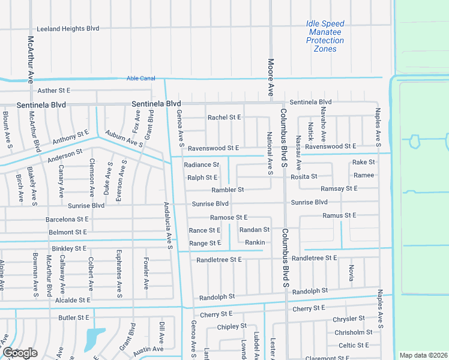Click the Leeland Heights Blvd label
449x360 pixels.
pos(68,28)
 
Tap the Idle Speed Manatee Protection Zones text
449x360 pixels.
pos(325,36)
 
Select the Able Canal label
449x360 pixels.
pos(140,78)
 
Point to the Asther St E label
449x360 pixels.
pos(54,90)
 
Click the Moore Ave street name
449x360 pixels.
pos(271,77)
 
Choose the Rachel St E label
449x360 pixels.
pos(224,117)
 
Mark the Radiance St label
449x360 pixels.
pos(202,164)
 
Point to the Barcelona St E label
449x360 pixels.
pos(67,220)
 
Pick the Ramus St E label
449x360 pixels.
pos(339,215)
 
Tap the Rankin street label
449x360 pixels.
pos(255,242)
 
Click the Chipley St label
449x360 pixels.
pos(232,326)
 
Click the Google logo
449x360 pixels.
pos(20,353)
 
